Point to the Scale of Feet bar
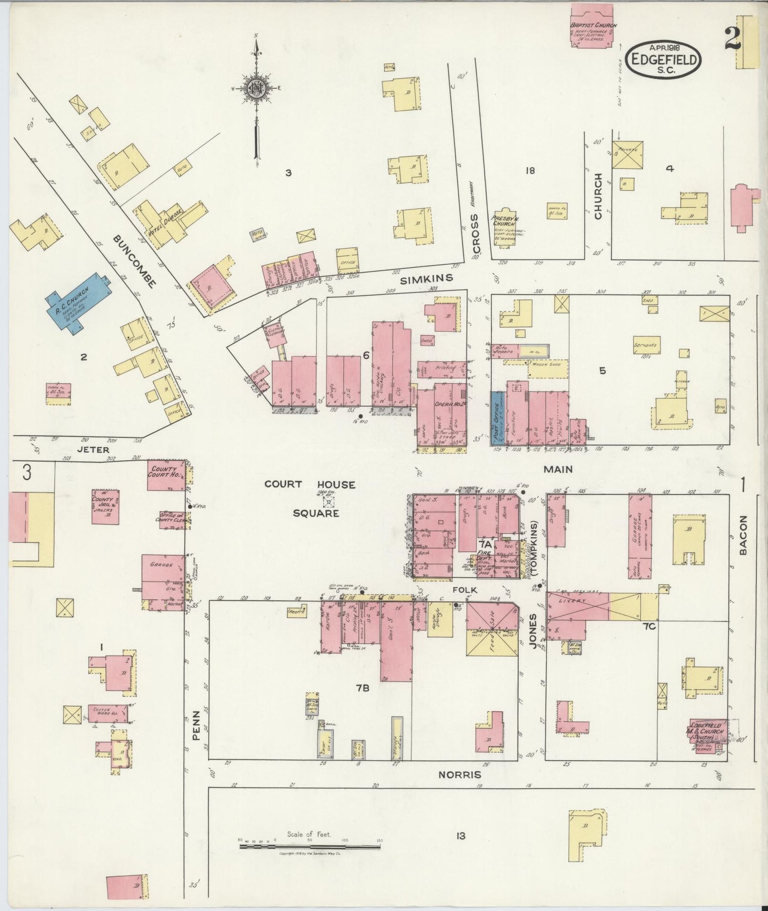pos(310,843)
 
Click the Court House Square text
pos(310,499)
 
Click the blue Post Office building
pos(496,418)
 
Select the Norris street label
pos(459,775)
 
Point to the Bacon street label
pos(742,535)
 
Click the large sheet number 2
pos(733,39)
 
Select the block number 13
pos(460,836)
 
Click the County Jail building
pos(105,507)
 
